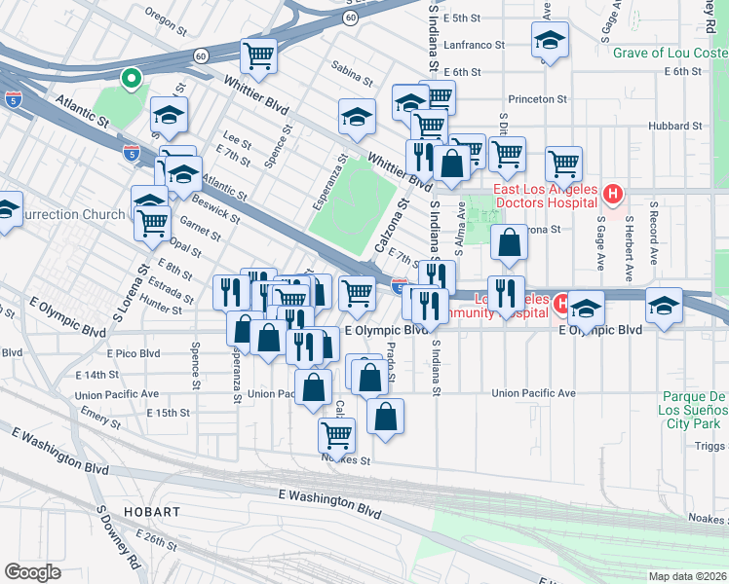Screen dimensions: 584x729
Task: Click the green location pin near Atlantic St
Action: (x=129, y=77)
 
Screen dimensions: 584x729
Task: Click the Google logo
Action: (x=32, y=572)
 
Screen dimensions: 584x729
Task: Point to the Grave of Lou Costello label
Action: (x=671, y=52)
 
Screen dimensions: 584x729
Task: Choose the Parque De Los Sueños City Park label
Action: (x=693, y=411)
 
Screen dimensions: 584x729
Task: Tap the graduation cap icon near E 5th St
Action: (x=550, y=41)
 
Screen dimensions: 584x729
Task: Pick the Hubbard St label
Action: (x=676, y=127)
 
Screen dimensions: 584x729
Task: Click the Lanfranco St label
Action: (x=474, y=45)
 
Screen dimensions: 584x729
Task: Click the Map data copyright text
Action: (x=687, y=576)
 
